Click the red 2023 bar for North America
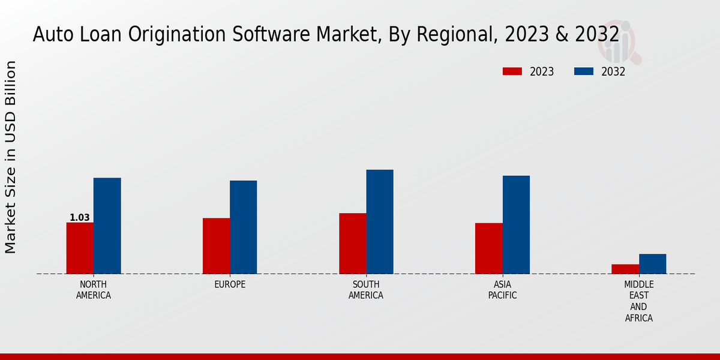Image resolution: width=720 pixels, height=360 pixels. pyautogui.click(x=80, y=248)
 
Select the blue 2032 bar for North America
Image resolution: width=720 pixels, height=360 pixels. pyautogui.click(x=107, y=226)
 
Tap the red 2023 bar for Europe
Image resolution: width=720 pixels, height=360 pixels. pyautogui.click(x=216, y=245)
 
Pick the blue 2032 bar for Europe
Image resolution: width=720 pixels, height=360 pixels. pyautogui.click(x=243, y=227)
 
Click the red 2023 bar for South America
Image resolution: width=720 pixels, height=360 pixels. pyautogui.click(x=352, y=243)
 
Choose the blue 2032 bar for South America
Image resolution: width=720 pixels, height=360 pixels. pyautogui.click(x=380, y=221)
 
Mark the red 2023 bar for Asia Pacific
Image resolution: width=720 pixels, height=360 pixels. pyautogui.click(x=488, y=248)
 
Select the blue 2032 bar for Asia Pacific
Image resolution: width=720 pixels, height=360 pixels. pyautogui.click(x=516, y=224)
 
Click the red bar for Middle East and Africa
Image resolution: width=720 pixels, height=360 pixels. pyautogui.click(x=625, y=269)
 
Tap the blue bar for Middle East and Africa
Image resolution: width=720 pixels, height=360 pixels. pyautogui.click(x=652, y=263)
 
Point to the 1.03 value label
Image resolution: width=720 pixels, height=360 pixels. pyautogui.click(x=79, y=218)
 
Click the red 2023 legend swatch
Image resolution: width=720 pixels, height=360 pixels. pyautogui.click(x=512, y=71)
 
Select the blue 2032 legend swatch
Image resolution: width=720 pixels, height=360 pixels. pyautogui.click(x=584, y=71)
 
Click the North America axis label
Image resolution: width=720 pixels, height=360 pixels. pyautogui.click(x=94, y=290)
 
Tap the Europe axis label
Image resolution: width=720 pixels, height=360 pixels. pyautogui.click(x=230, y=284)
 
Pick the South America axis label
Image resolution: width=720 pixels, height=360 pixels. pyautogui.click(x=366, y=290)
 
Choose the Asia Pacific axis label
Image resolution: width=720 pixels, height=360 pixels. pyautogui.click(x=502, y=290)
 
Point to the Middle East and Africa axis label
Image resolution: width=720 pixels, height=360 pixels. pyautogui.click(x=639, y=301)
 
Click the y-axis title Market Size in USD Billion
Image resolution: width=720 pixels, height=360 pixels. pyautogui.click(x=11, y=157)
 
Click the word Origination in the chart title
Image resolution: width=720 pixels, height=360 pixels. pyautogui.click(x=192, y=35)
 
